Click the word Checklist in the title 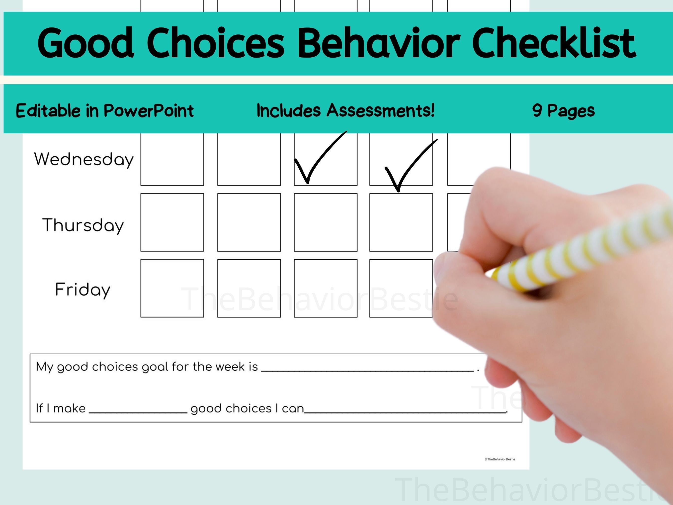point(554,43)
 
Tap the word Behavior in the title point(379,43)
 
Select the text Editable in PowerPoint point(105,110)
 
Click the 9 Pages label point(563,110)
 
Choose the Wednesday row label point(84,159)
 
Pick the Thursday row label point(83,225)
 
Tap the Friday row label point(83,290)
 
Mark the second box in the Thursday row point(249,222)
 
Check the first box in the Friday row point(172,288)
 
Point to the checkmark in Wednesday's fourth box point(408,167)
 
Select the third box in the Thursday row point(326,222)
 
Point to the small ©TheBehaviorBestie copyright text point(500,459)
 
